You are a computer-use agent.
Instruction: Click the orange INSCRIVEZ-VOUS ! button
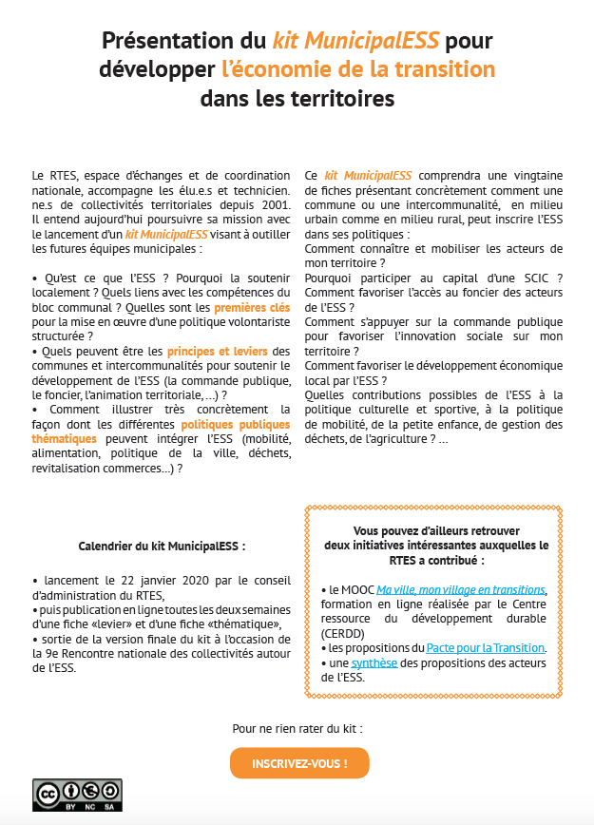(299, 763)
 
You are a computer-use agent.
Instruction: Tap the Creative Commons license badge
(77, 794)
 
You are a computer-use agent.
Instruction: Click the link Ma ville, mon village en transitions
(460, 589)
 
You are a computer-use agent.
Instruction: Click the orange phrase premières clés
(252, 308)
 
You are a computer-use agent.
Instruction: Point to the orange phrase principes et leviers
(216, 352)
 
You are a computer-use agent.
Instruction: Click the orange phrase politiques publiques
(236, 424)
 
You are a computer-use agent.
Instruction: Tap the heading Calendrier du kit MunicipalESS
(162, 547)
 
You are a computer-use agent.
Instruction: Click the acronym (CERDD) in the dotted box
(341, 632)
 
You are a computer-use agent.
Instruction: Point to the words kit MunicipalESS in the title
(355, 41)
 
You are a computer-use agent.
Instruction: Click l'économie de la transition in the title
(358, 69)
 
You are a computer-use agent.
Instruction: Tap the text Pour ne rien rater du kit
(297, 728)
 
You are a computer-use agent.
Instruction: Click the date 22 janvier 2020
(147, 580)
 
